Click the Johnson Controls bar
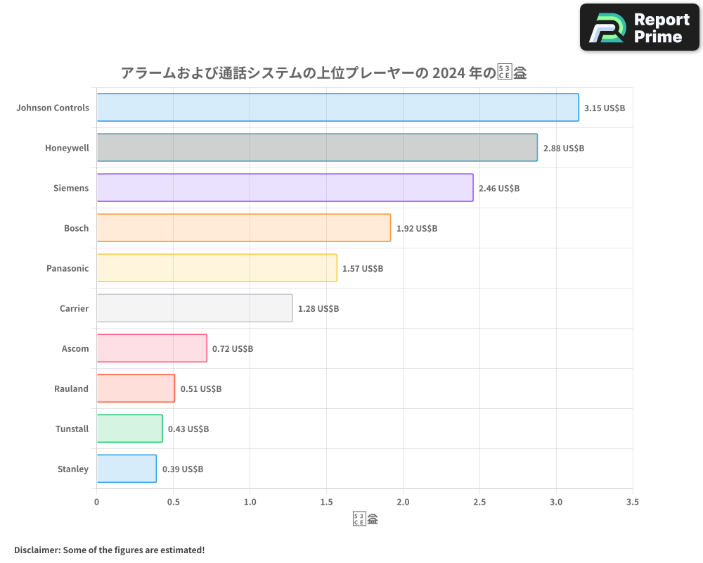337,108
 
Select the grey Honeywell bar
317,148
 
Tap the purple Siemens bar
285,188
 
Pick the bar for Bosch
243,228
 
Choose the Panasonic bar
217,268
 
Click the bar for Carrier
194,308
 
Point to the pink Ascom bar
151,348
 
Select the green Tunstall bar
129,429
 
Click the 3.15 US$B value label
605,108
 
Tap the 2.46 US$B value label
499,189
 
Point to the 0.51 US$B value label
201,389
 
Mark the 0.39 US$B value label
183,469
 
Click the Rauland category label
71,388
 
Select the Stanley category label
73,469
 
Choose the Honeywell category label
67,148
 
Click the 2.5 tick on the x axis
479,502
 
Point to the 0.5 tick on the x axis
173,502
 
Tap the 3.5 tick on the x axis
633,502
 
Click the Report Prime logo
639,27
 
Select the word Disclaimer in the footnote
36,550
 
